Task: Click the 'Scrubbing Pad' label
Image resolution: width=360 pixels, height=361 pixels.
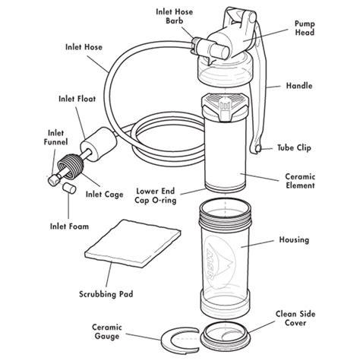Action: click(100, 293)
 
